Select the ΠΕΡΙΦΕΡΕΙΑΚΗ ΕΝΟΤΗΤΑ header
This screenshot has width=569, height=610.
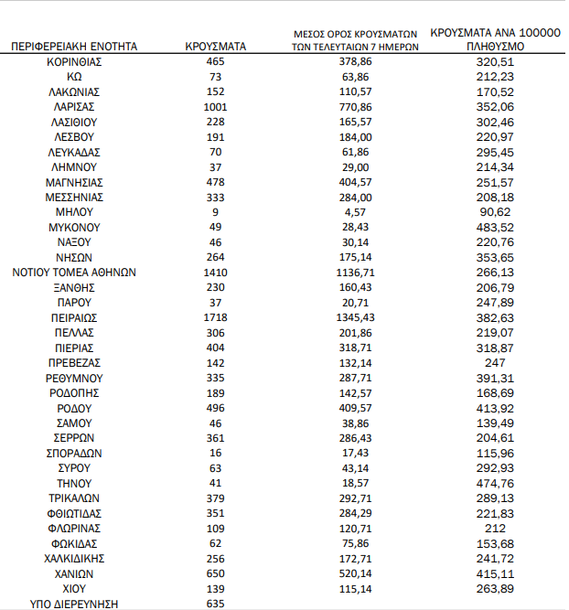[74, 45]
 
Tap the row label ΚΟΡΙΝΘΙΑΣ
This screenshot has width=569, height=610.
[74, 61]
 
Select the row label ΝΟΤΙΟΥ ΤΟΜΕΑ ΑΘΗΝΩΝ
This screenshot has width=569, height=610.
[74, 273]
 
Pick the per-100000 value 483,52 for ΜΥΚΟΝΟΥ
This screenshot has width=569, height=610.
[495, 227]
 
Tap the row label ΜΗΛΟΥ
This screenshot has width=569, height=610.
[74, 212]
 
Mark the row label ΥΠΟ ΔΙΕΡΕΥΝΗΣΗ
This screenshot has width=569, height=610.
[74, 604]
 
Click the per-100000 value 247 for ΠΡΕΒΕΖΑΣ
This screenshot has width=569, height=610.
[495, 363]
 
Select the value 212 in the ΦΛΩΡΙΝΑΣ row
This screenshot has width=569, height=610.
[495, 529]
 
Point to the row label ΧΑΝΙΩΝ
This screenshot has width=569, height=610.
[74, 573]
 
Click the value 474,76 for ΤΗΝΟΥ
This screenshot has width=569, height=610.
[495, 483]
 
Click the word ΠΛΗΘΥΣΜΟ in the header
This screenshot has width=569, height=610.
[495, 45]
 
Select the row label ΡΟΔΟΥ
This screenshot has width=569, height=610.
[74, 408]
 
